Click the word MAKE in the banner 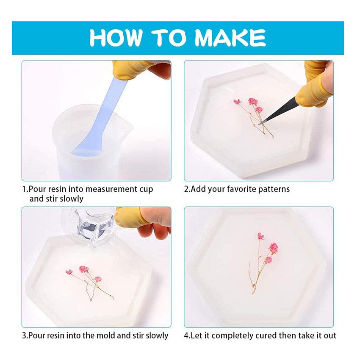230,38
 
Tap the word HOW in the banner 115,38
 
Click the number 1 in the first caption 24,189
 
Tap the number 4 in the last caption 186,336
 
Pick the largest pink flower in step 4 273,248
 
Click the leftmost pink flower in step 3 69,272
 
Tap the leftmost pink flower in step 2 238,102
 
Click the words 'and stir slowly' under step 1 56,199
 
